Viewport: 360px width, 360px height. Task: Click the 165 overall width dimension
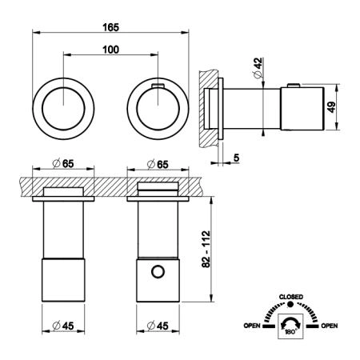pyautogui.click(x=110, y=27)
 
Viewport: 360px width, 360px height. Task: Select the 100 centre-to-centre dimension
pyautogui.click(x=110, y=50)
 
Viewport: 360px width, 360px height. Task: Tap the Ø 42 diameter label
pyautogui.click(x=258, y=68)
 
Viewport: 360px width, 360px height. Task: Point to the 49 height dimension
pyautogui.click(x=331, y=107)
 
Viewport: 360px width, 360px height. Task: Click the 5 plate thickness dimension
pyautogui.click(x=236, y=158)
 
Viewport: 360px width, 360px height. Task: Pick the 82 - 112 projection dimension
pyautogui.click(x=206, y=249)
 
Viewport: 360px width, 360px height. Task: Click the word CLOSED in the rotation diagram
pyautogui.click(x=291, y=297)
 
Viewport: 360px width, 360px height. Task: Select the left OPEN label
pyautogui.click(x=252, y=326)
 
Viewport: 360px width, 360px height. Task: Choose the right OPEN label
pyautogui.click(x=330, y=326)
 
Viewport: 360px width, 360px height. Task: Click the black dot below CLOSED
pyautogui.click(x=290, y=304)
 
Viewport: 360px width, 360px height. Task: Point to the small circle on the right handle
pyautogui.click(x=158, y=272)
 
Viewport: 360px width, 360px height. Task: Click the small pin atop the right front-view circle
pyautogui.click(x=158, y=86)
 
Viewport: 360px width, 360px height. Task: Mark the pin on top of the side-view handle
pyautogui.click(x=294, y=86)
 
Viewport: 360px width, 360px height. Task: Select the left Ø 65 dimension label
pyautogui.click(x=63, y=163)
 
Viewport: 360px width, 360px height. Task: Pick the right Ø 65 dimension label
pyautogui.click(x=158, y=164)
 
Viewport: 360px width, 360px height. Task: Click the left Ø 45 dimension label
pyautogui.click(x=63, y=326)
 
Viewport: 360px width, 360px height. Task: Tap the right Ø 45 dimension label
pyautogui.click(x=158, y=326)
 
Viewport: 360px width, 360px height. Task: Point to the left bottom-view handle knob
pyautogui.click(x=63, y=280)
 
